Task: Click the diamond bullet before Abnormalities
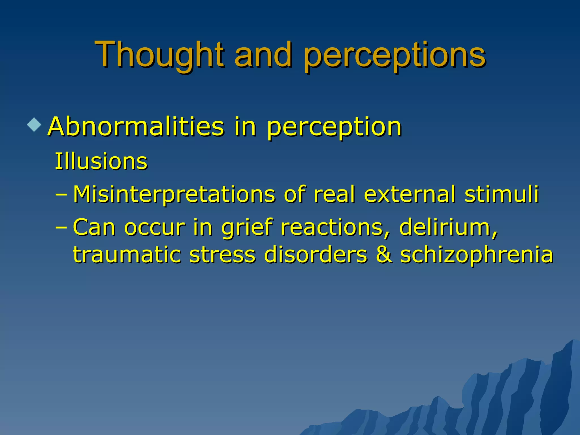(x=34, y=124)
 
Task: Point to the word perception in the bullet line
(x=334, y=127)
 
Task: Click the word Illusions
(x=101, y=161)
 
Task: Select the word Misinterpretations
(x=174, y=195)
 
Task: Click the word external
(x=410, y=194)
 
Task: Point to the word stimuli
(x=502, y=194)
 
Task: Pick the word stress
(x=222, y=254)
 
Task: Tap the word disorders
(x=315, y=254)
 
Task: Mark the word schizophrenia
(x=476, y=255)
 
